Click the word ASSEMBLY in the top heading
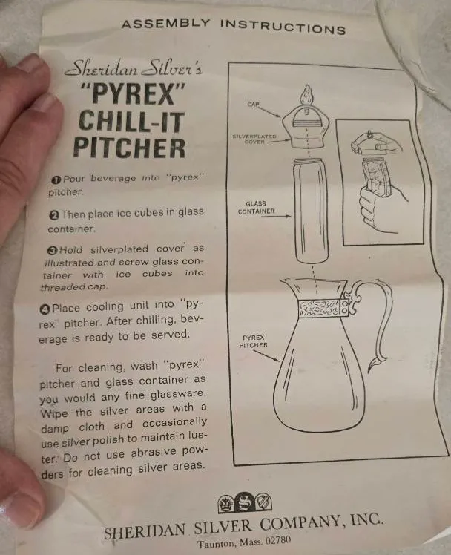165,23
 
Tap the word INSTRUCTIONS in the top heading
283,27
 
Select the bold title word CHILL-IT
132,122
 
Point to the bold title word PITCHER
130,148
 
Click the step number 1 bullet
56,180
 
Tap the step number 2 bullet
54,215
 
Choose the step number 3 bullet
53,250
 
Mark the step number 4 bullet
46,309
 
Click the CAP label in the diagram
253,104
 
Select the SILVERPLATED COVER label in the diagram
254,139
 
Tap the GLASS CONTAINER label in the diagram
257,208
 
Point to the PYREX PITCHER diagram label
253,341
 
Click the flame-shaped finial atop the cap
306,95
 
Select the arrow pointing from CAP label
271,112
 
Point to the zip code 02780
278,540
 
